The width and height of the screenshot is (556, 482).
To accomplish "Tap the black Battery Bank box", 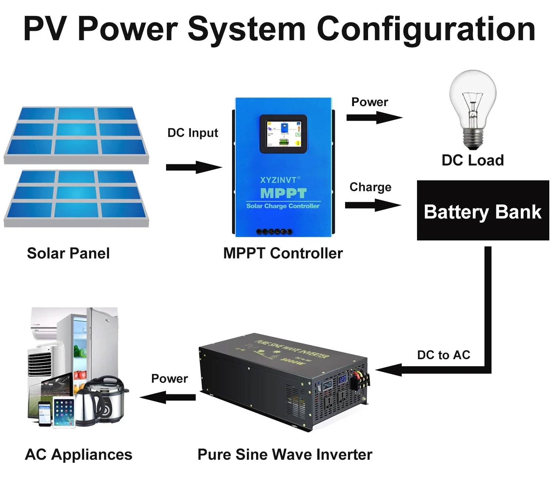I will click(x=483, y=211).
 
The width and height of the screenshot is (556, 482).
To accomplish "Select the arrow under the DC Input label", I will click(x=194, y=167).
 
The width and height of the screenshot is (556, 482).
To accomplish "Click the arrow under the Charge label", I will click(x=373, y=205).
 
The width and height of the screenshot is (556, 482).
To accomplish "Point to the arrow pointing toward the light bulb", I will click(x=374, y=118).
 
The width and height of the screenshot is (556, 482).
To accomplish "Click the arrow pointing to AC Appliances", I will click(x=168, y=397).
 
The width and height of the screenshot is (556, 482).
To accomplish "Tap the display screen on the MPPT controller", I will click(x=284, y=134).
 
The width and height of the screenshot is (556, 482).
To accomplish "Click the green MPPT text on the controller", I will click(x=283, y=193).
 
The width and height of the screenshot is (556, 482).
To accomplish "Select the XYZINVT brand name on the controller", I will click(x=279, y=180).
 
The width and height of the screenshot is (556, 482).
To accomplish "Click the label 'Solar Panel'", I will click(x=69, y=253).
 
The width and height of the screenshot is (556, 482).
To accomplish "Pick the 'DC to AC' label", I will click(x=443, y=355).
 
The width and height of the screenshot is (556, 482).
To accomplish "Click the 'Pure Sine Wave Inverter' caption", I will click(x=285, y=455).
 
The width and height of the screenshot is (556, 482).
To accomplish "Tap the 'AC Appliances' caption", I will click(x=79, y=455).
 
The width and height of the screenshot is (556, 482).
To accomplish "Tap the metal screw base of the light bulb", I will click(x=473, y=139).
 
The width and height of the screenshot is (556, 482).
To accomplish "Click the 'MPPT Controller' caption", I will click(x=283, y=253).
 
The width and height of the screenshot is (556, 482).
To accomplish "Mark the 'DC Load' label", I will click(x=473, y=160).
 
